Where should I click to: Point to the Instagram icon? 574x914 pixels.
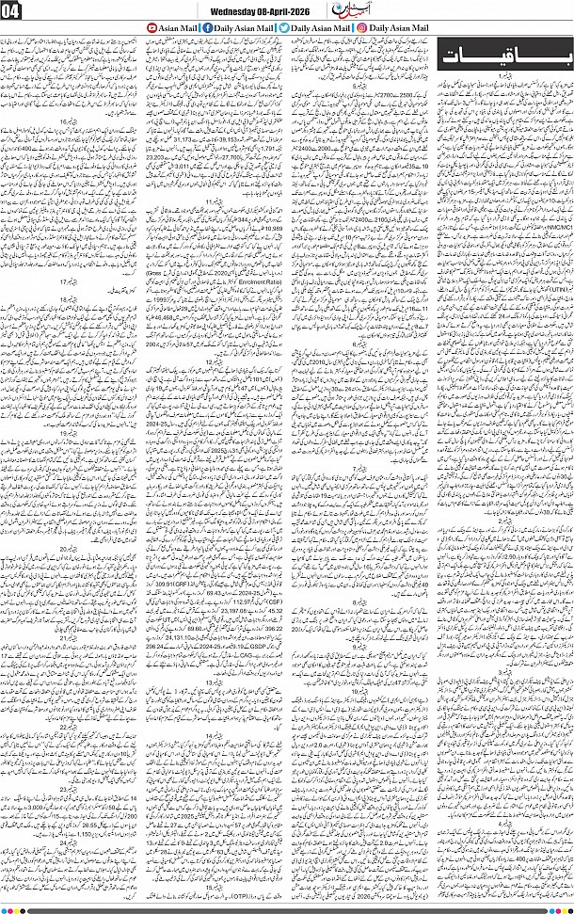click(x=362, y=29)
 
